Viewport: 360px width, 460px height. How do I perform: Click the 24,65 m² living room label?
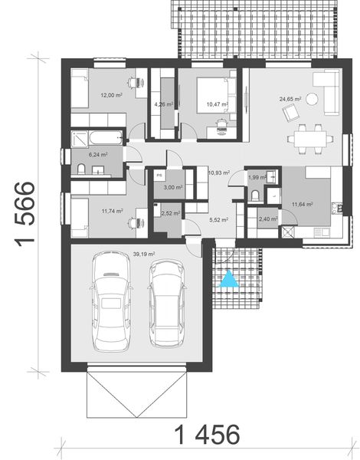coord(290,98)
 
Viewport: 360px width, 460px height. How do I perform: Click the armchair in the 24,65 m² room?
coord(291,114)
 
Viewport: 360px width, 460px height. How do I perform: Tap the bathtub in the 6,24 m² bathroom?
coord(96,137)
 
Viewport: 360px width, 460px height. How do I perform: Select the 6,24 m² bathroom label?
coord(97,154)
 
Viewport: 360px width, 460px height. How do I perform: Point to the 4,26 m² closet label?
coord(163,103)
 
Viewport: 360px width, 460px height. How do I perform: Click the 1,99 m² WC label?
coord(257,178)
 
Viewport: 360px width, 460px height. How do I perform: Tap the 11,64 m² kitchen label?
coord(304,203)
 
